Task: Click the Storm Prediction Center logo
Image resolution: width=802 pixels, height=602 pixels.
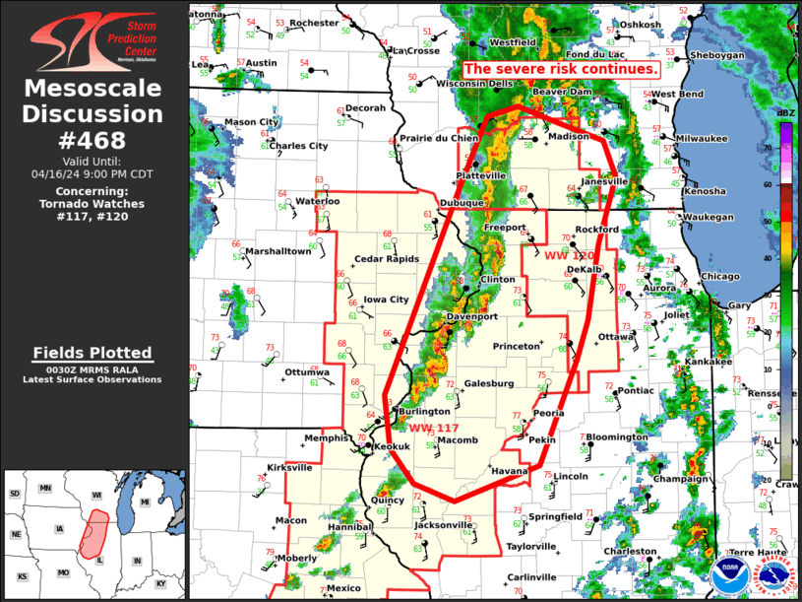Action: point(93,40)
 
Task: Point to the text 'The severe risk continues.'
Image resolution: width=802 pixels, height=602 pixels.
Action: point(560,70)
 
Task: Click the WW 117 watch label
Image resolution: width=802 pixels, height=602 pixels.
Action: point(434,428)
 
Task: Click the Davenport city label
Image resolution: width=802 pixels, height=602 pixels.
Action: point(472,317)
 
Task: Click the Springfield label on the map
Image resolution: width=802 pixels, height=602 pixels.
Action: point(555,516)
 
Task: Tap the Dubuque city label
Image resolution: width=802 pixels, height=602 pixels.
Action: point(462,203)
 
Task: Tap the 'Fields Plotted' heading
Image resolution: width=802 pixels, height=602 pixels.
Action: point(93,353)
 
